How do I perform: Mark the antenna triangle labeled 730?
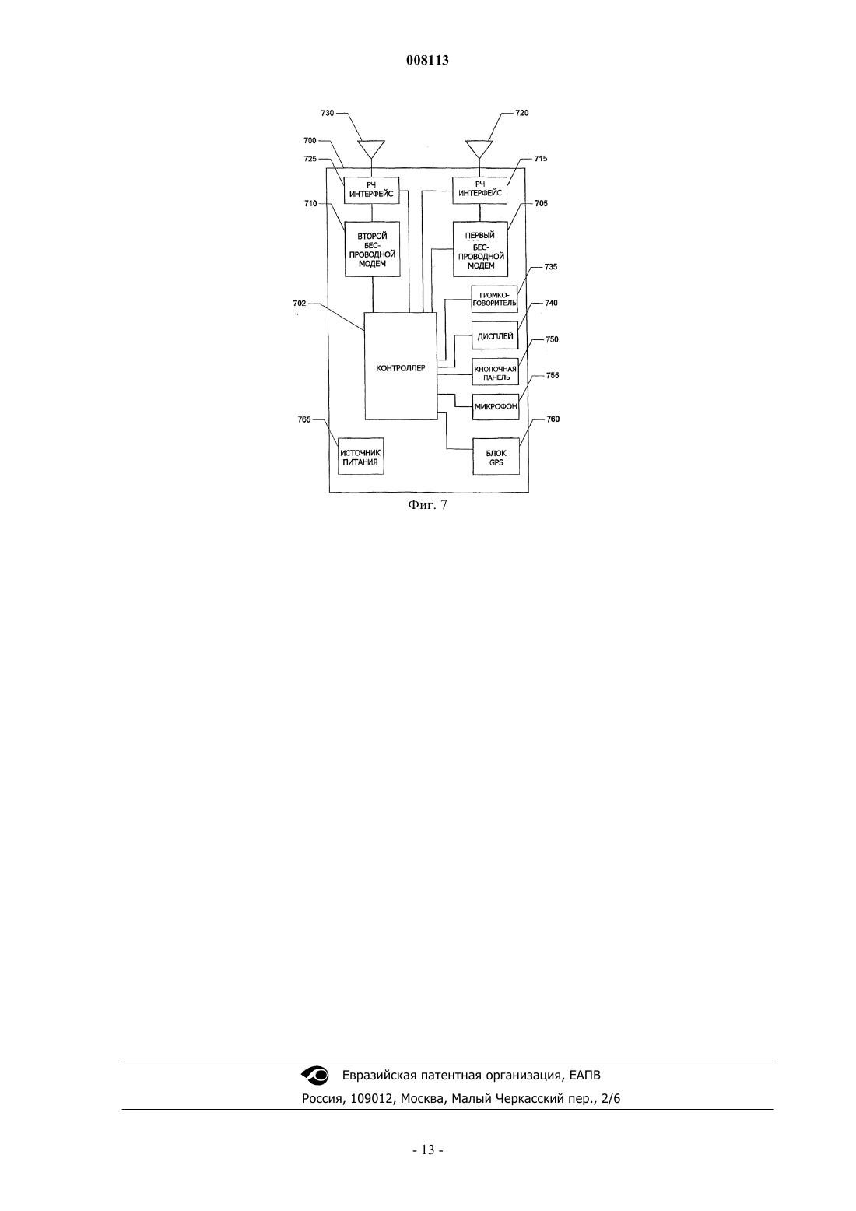coord(371,149)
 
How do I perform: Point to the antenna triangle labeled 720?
coord(479,149)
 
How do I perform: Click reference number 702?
coord(300,304)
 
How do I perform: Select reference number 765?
coord(304,419)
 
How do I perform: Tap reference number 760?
coord(553,419)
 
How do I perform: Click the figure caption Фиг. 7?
coord(427,505)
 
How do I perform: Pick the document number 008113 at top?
coord(427,60)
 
